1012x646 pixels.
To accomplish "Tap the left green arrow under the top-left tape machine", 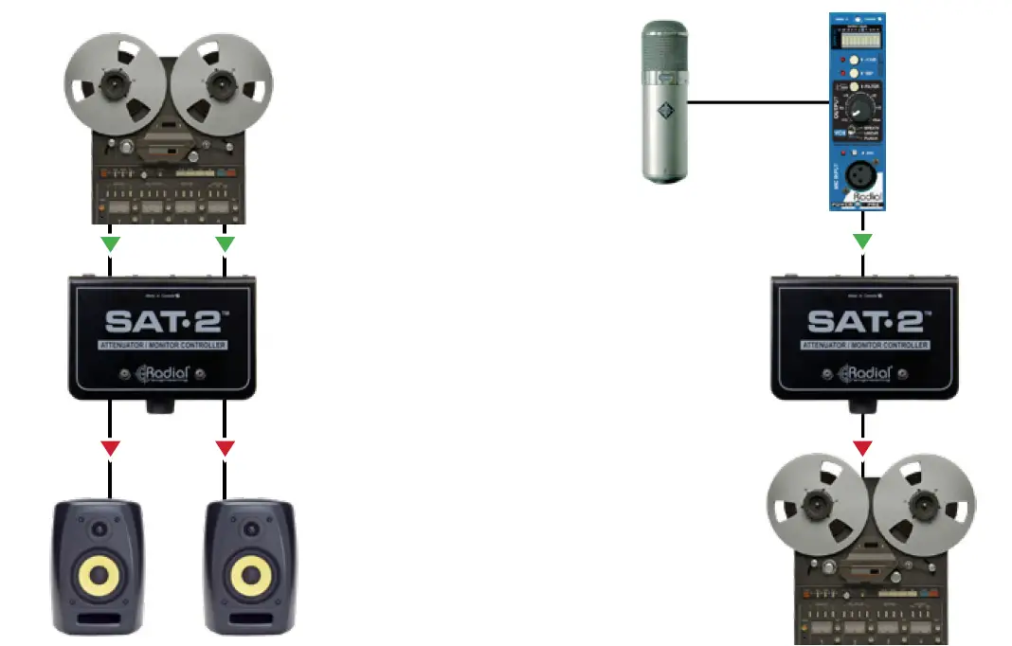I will (x=111, y=243).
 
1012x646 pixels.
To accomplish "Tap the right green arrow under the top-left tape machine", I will (x=225, y=243).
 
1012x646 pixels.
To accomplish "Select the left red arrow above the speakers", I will (x=111, y=447).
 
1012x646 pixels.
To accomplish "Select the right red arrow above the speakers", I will (x=225, y=447).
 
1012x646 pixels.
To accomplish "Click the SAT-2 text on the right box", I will (x=863, y=320).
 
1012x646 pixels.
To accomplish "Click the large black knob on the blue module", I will (x=860, y=103).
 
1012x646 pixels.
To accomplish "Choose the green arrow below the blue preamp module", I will (x=862, y=242).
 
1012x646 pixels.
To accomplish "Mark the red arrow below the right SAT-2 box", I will (x=862, y=447).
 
